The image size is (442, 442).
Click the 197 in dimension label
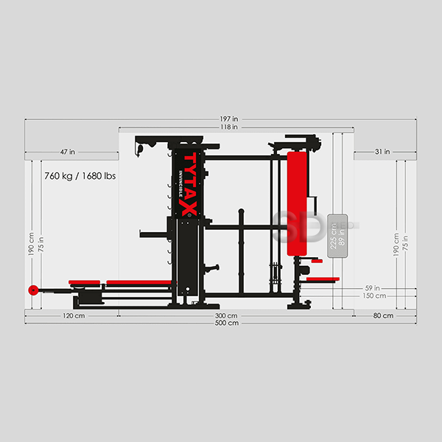tap(229, 119)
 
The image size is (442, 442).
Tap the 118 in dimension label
tap(229, 127)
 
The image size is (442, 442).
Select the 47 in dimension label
tap(68, 152)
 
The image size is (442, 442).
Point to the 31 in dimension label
tap(382, 152)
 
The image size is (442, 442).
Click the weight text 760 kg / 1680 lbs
tap(80, 176)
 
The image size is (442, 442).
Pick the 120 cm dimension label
tap(74, 316)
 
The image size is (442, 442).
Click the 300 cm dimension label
tap(226, 316)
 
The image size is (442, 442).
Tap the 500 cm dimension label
tap(227, 323)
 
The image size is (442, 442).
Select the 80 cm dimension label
tap(383, 315)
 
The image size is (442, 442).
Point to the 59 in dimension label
tap(372, 288)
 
